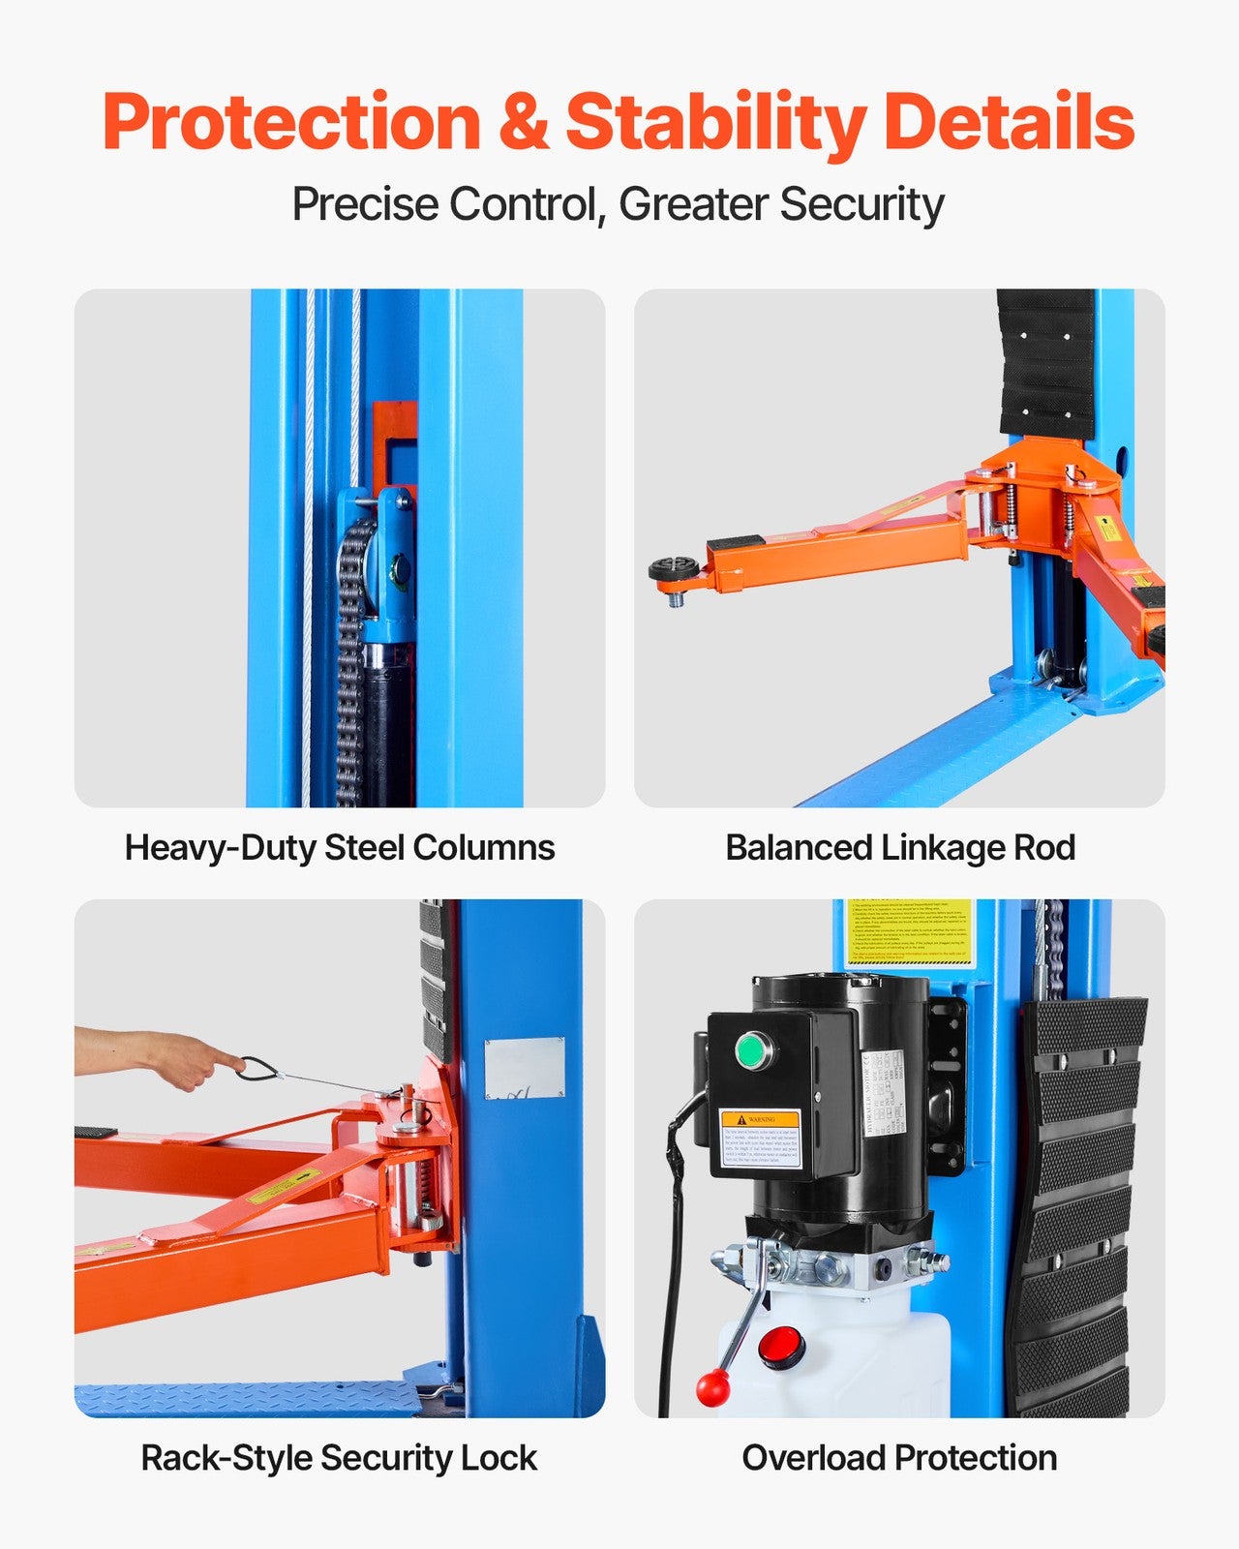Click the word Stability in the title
click(x=715, y=123)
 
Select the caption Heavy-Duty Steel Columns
click(x=340, y=848)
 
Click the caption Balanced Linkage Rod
click(x=900, y=848)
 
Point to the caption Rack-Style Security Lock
click(x=339, y=1458)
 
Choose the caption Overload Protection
click(x=899, y=1458)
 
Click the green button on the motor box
click(x=752, y=1051)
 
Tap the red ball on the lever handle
click(x=713, y=1389)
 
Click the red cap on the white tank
click(x=782, y=1347)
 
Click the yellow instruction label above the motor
click(x=908, y=932)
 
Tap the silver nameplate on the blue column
click(x=524, y=1068)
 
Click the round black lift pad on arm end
click(x=674, y=569)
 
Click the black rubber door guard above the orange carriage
click(x=1046, y=363)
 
